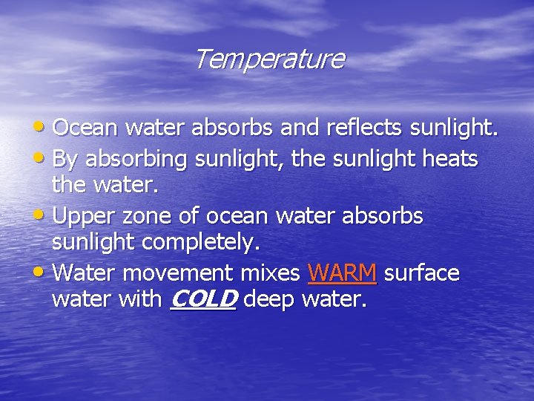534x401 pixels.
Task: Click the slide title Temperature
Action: click(x=269, y=59)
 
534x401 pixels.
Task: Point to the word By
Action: click(x=65, y=158)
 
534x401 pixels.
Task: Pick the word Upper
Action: click(x=84, y=217)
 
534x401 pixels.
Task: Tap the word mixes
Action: click(x=267, y=273)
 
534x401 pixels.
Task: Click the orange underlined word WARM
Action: click(x=342, y=273)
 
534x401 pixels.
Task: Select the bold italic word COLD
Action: click(x=202, y=300)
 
